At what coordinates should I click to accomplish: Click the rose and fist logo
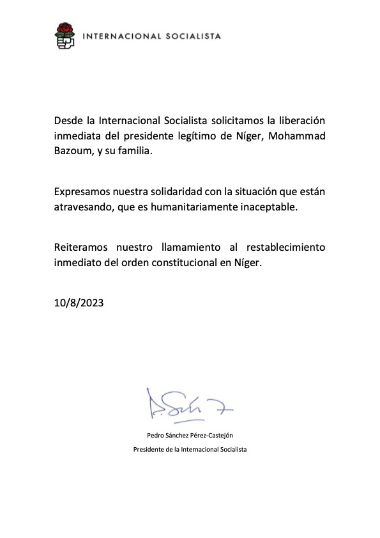pyautogui.click(x=65, y=36)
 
